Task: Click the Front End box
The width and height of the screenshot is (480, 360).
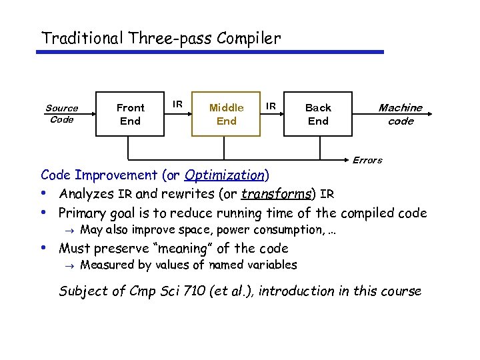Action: pyautogui.click(x=130, y=114)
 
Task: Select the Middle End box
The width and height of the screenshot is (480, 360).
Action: pyautogui.click(x=226, y=114)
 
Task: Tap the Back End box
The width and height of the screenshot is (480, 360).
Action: pyautogui.click(x=318, y=114)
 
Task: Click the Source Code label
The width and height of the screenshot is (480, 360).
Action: pyautogui.click(x=61, y=113)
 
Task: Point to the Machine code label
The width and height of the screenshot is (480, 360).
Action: pyautogui.click(x=400, y=114)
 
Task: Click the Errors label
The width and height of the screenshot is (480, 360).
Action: pyautogui.click(x=367, y=160)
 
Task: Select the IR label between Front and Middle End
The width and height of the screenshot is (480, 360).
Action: pyautogui.click(x=178, y=104)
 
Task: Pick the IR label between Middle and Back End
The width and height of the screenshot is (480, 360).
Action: pyautogui.click(x=271, y=105)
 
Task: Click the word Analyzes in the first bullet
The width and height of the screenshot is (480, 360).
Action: pyautogui.click(x=87, y=195)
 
